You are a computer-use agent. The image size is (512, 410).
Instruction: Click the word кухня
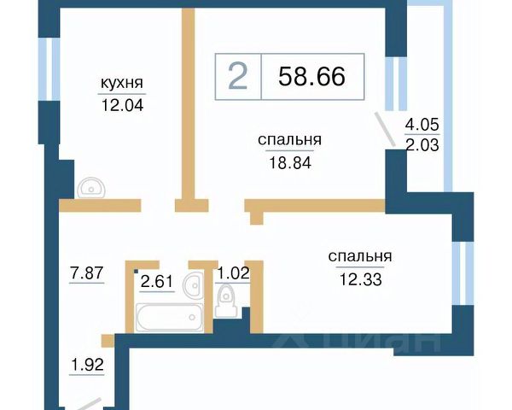[x=122, y=83]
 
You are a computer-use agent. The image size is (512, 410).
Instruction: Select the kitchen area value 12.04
[x=122, y=105]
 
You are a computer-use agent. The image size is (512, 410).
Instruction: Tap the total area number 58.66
[x=311, y=76]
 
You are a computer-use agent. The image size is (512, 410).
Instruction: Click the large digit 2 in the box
[x=238, y=77]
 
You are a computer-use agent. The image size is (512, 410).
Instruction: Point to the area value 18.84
[x=290, y=162]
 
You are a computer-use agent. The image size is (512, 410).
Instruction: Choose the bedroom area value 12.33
[x=360, y=279]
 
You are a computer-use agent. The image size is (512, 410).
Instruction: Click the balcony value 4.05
[x=422, y=125]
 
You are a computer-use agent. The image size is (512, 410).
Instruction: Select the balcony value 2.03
[x=422, y=145]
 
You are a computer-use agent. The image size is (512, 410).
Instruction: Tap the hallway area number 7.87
[x=87, y=273]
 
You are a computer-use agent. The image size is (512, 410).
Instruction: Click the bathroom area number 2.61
[x=156, y=282]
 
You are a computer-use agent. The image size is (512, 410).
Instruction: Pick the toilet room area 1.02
[x=233, y=273]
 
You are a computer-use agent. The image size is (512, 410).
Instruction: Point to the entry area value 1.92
[x=87, y=365]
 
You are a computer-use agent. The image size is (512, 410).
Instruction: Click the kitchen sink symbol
[x=91, y=188]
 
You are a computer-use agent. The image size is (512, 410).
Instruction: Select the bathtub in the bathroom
[x=170, y=317]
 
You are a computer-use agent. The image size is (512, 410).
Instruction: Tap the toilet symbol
[x=226, y=300]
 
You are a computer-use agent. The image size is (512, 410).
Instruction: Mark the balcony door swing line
[x=385, y=129]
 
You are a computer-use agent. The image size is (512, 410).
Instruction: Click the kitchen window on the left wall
[x=49, y=69]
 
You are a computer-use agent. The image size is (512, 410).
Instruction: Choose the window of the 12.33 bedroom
[x=463, y=273]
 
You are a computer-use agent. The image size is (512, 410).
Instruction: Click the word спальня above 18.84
[x=289, y=140]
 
